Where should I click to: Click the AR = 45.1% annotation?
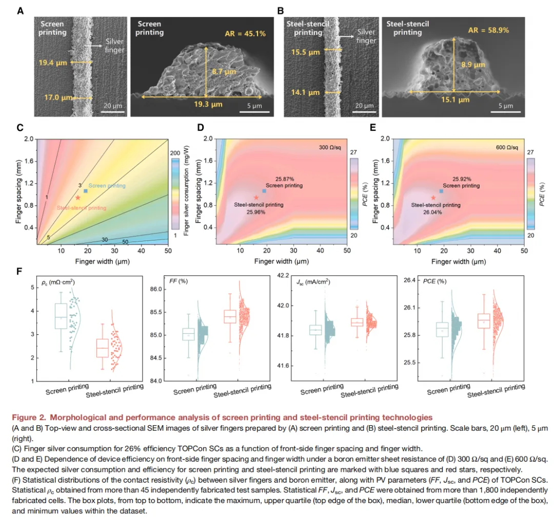pos(245,34)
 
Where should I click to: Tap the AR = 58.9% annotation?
pos(489,30)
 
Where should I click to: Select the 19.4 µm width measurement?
pos(53,63)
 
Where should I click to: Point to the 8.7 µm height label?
pos(224,72)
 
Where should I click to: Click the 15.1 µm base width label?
pos(455,99)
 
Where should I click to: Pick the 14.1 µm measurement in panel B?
pos(305,92)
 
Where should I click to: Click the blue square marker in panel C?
pos(86,191)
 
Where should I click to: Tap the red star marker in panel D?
pos(256,197)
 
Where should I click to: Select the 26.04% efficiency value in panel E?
pos(432,212)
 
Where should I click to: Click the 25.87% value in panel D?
pos(285,179)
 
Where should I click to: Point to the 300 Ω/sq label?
pos(330,147)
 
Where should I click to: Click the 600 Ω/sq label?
pos(507,147)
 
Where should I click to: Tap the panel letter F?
pos(19,271)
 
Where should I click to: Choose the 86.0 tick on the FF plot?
pos(156,289)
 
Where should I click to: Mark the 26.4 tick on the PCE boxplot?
pos(409,280)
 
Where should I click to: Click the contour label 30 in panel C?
pos(105,239)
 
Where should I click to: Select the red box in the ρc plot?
pos(103,348)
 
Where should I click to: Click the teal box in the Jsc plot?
pos(315,330)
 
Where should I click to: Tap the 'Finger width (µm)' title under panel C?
pos(103,262)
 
